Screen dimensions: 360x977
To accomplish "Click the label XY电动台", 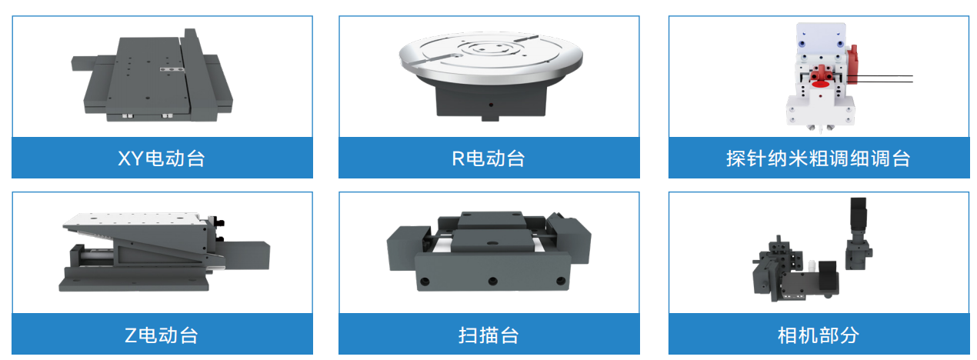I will click(162, 158).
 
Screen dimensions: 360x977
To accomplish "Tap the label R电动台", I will click(488, 158).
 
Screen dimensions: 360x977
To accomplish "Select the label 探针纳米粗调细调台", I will click(818, 158).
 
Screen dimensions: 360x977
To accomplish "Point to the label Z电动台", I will click(162, 335).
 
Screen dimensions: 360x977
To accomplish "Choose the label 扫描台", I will click(488, 335).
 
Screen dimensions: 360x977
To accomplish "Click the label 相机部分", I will click(818, 335).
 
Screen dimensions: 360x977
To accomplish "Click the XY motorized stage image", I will click(154, 77).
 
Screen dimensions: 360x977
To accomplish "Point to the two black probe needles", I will click(885, 78).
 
